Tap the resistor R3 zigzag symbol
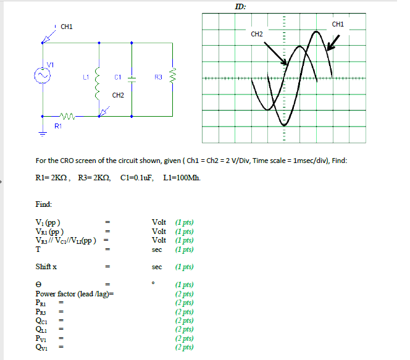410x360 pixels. coord(174,78)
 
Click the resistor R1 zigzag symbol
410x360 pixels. coord(67,116)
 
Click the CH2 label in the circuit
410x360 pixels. coord(118,95)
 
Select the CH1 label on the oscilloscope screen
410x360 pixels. coord(338,25)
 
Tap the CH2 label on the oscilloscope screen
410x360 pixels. coord(257,34)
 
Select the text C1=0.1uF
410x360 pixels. coord(141,178)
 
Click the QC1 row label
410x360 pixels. coord(41,320)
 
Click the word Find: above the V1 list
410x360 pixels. coord(44,204)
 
